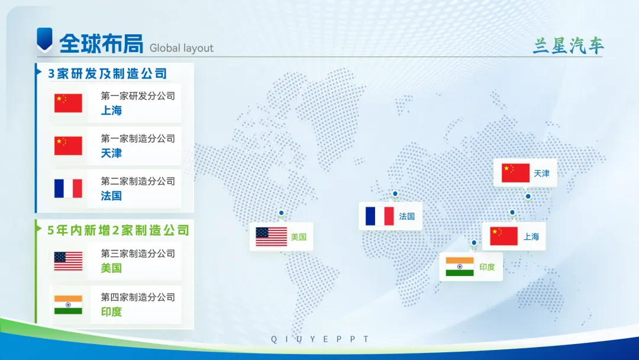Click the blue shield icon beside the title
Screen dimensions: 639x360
(44, 38)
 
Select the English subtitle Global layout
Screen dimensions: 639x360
(182, 48)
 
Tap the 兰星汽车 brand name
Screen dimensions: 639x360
(568, 46)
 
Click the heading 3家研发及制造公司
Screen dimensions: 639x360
(108, 73)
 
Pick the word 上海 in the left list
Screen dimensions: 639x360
(111, 111)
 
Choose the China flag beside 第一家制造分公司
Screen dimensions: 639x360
(68, 146)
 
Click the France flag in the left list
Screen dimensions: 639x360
(68, 188)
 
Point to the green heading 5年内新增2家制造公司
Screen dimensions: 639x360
(118, 230)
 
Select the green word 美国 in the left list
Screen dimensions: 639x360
(111, 268)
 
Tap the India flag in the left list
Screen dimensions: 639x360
(68, 305)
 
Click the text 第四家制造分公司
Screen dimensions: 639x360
(138, 297)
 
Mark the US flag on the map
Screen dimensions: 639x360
(272, 237)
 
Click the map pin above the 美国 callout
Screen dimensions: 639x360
(281, 213)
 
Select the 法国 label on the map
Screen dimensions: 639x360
(406, 216)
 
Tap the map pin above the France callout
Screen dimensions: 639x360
(395, 194)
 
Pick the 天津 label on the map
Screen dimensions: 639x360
(541, 173)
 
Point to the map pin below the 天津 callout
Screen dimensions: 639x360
(528, 197)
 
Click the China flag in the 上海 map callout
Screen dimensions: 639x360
(504, 236)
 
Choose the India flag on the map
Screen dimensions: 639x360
(460, 266)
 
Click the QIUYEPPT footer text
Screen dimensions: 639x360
(320, 339)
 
